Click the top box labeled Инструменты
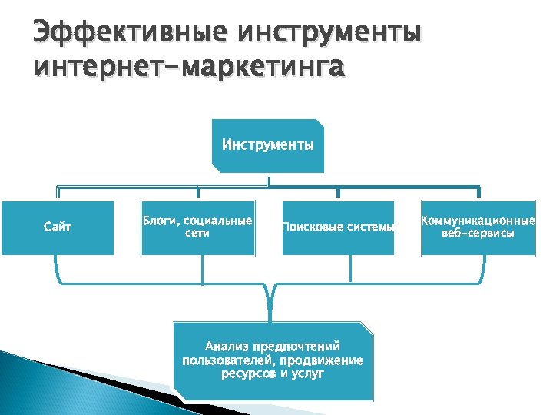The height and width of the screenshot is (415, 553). tap(267, 144)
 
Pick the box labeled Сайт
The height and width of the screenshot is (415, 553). tap(58, 227)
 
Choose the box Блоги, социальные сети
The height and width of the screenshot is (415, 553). tap(197, 227)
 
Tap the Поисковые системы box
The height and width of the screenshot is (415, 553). tap(338, 227)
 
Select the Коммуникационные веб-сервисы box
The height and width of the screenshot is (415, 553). tap(478, 227)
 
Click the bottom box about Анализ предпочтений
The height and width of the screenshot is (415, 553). tap(273, 360)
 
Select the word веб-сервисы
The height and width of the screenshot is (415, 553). tap(478, 234)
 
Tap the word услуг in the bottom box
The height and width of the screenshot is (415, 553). tap(308, 374)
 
